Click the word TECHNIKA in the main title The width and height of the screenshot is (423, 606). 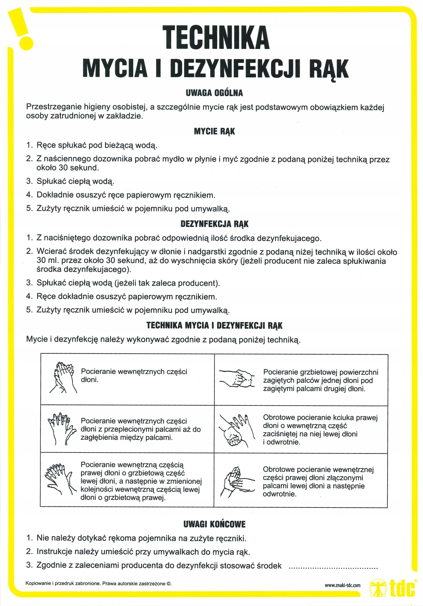point(216,37)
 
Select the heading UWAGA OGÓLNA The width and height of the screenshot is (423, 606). point(214,93)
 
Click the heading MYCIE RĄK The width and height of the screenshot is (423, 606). point(214,131)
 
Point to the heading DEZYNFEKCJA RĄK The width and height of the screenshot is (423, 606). point(214,224)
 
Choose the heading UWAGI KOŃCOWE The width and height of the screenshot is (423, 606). point(214,524)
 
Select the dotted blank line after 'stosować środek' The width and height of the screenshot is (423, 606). point(333,567)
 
